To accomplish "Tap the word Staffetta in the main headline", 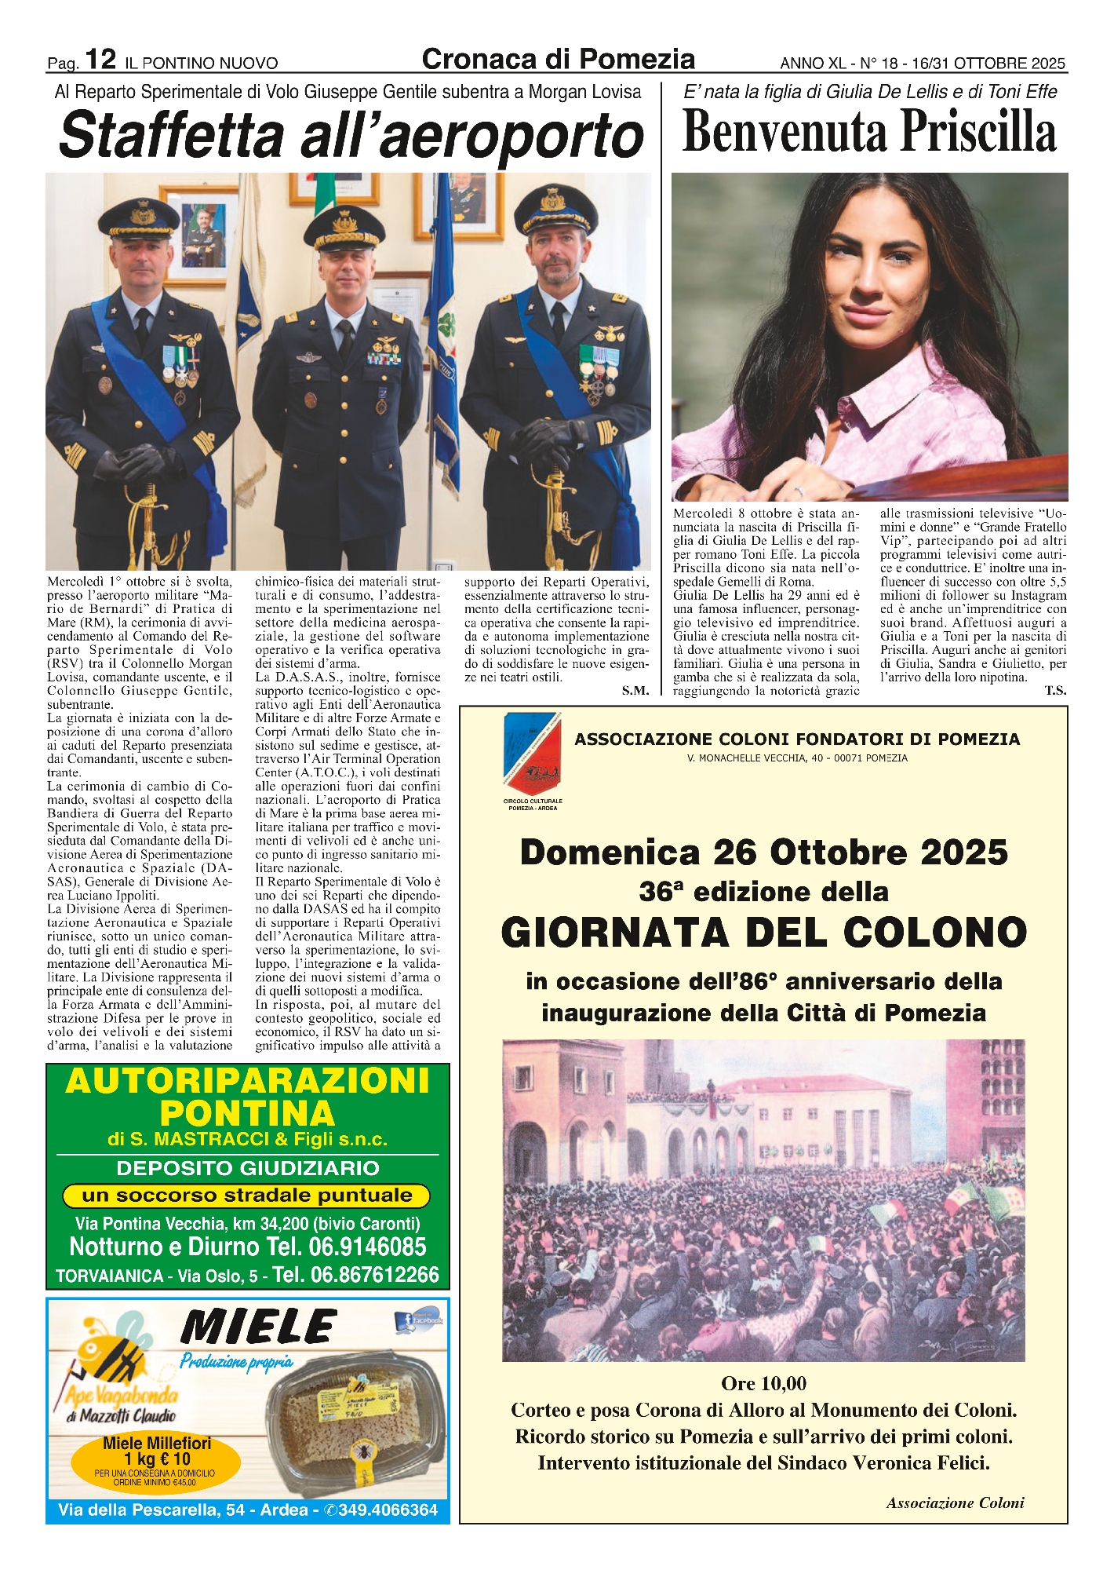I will tap(170, 135).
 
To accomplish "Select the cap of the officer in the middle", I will tap(344, 227).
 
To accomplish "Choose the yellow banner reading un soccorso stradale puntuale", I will tap(246, 1196).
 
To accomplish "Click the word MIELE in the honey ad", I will tap(258, 1327).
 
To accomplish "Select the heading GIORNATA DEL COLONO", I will tap(763, 933).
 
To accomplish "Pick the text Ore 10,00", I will tap(763, 1383).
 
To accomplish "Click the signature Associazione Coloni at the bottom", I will tap(955, 1502).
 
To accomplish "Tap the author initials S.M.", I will tap(635, 691).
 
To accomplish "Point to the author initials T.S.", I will tap(1055, 691).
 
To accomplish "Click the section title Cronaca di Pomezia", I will tap(558, 60).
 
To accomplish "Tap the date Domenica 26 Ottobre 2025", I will tap(763, 853).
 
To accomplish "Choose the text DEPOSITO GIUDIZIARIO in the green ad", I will tap(247, 1168).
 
